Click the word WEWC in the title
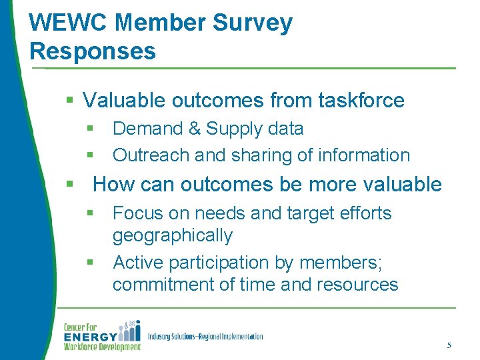[69, 23]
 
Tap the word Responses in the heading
[93, 51]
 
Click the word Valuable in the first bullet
[125, 101]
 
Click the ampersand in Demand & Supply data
[194, 129]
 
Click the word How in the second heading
[111, 185]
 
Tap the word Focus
[137, 213]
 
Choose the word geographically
[173, 236]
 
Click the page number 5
[449, 345]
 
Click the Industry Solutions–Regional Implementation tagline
[205, 337]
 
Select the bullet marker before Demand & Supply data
[90, 129]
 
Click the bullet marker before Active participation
[90, 263]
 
